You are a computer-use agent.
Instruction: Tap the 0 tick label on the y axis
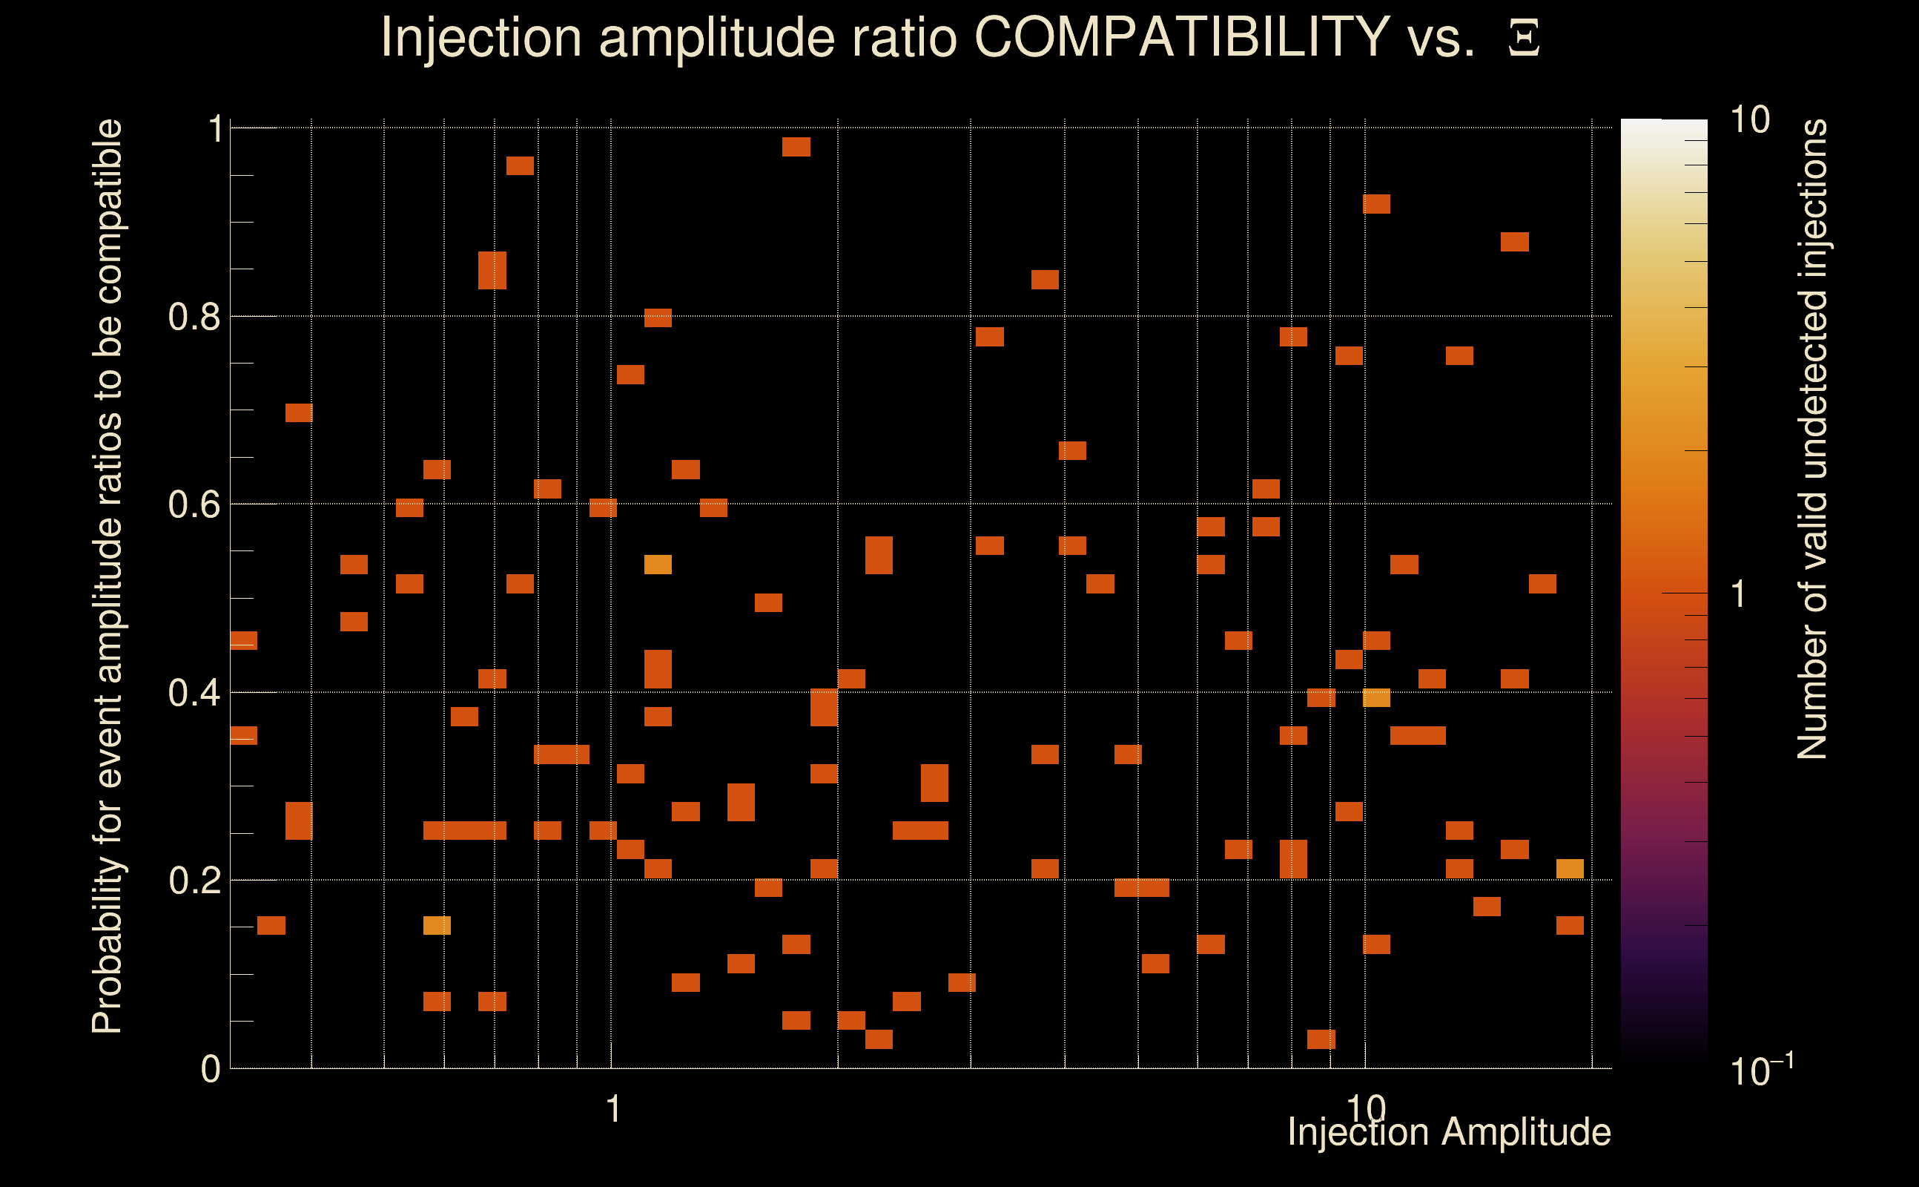pos(211,1068)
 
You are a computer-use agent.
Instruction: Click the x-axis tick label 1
pos(613,1109)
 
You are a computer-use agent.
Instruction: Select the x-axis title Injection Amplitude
pos(1449,1131)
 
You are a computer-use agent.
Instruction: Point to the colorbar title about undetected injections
pos(1812,440)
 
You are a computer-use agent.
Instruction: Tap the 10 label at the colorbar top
pos(1749,120)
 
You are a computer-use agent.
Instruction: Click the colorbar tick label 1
pos(1739,593)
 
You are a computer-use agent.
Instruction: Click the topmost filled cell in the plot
pos(796,147)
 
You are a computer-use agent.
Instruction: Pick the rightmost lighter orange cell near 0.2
pos(1570,868)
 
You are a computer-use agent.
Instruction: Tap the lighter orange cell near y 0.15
pos(437,926)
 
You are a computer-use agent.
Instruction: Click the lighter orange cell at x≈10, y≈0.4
pos(1377,697)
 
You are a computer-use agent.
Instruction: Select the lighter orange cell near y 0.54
pos(658,565)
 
